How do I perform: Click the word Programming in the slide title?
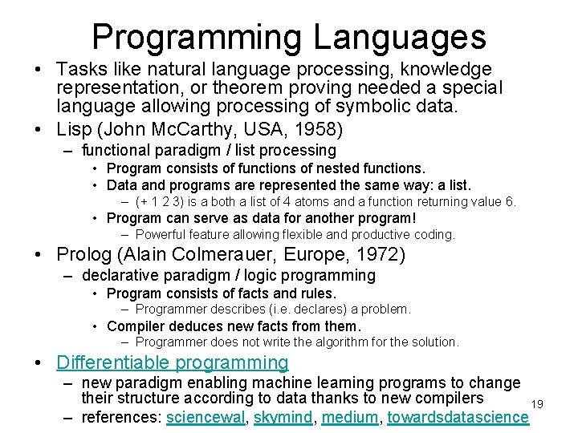point(197,37)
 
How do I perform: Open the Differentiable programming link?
point(173,362)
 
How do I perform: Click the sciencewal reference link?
point(206,417)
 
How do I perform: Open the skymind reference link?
point(282,417)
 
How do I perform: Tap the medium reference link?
point(349,417)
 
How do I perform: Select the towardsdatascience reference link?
point(458,417)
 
